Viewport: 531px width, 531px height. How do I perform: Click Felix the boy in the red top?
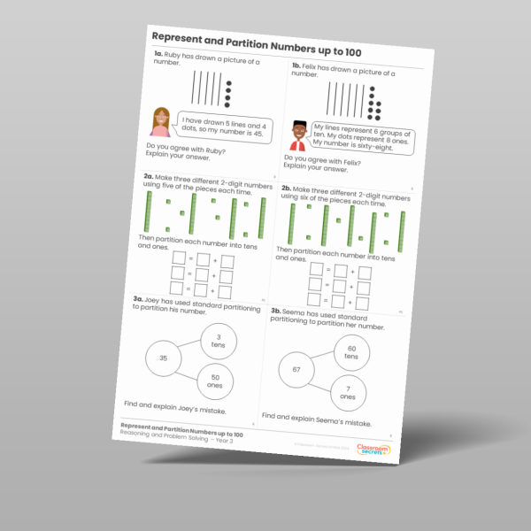click(297, 136)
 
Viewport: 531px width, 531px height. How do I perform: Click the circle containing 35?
click(163, 358)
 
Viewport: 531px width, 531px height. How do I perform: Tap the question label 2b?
click(287, 188)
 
